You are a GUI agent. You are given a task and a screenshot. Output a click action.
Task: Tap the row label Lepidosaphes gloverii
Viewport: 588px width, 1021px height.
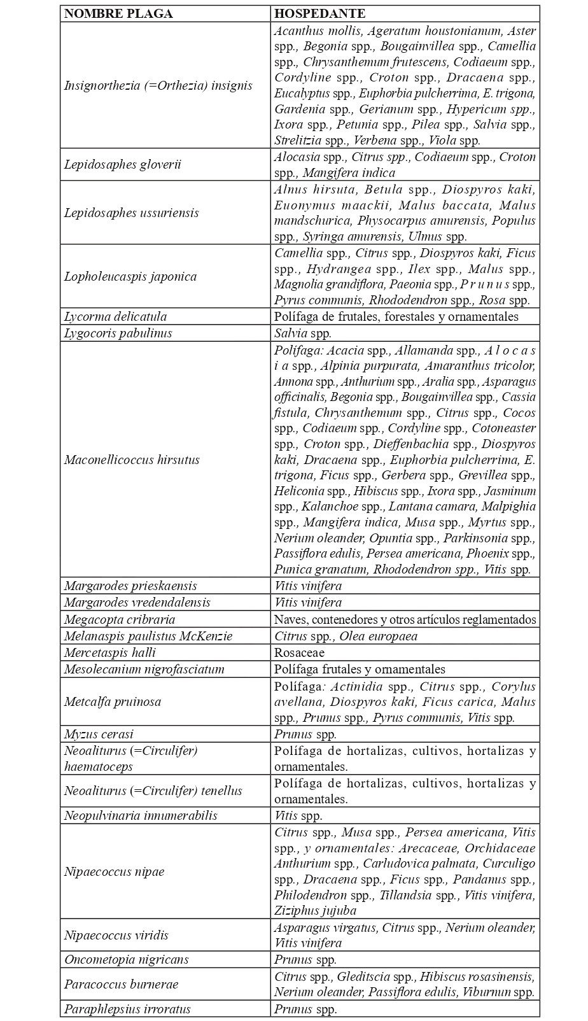123,165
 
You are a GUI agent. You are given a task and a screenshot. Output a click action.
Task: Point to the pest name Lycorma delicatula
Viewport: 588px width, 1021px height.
115,316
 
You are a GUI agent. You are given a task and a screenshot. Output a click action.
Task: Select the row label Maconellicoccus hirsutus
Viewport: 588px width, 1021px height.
132,460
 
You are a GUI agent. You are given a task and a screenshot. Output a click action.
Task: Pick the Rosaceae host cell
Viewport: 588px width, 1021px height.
299,652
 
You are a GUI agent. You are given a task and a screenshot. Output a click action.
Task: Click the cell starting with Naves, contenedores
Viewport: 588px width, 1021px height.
405,619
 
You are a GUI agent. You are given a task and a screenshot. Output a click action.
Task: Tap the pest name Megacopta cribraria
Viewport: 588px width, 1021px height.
120,619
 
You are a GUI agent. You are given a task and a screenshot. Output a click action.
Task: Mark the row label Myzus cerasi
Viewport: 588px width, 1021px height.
99,734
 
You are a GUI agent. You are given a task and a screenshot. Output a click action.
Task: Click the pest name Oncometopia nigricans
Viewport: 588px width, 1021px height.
127,959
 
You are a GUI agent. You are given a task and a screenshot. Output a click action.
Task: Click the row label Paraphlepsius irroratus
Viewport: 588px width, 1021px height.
127,1009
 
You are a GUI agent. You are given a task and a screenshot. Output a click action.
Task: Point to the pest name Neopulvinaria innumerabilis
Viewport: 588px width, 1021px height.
141,815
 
